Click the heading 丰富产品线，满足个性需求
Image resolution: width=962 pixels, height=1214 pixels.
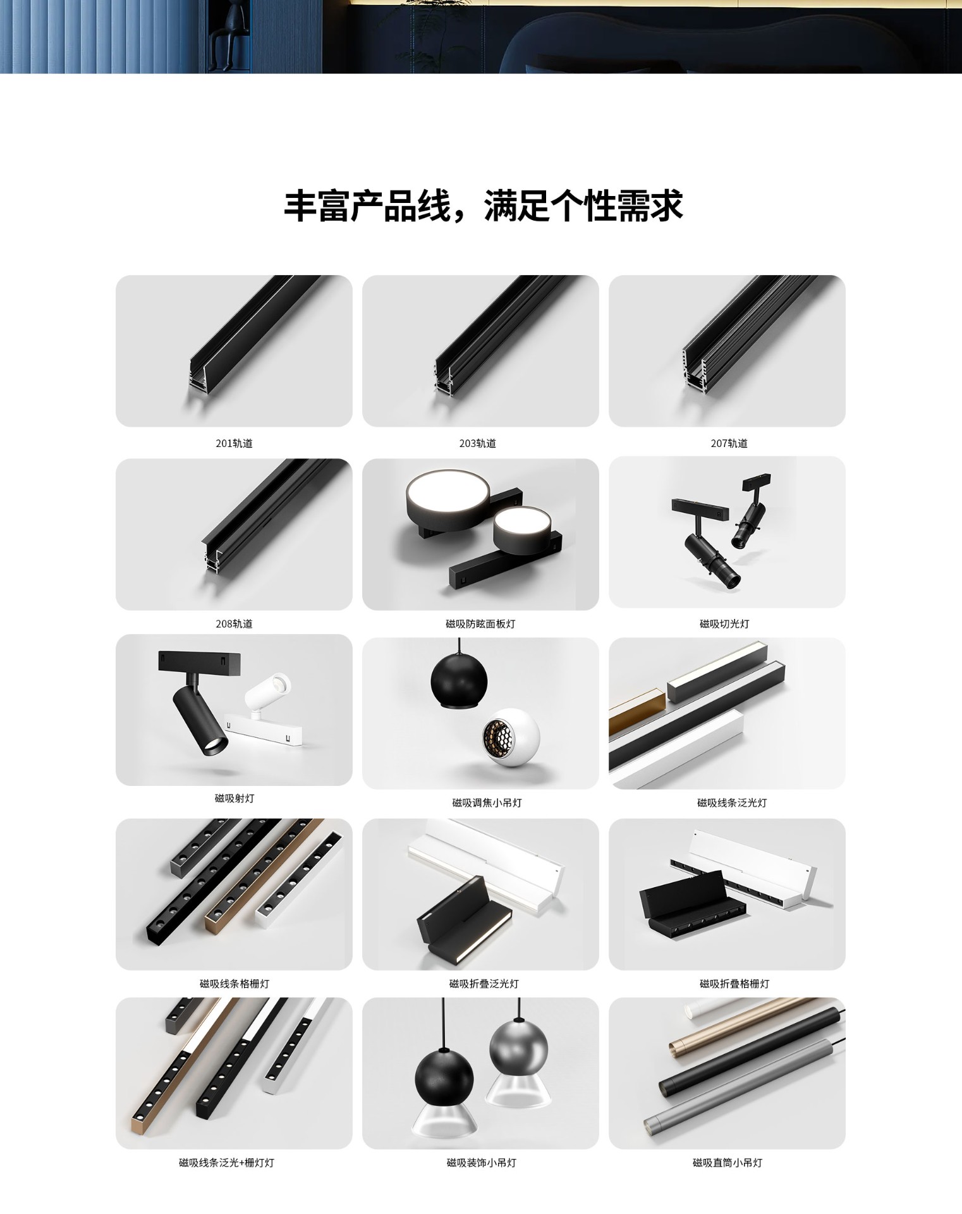484,205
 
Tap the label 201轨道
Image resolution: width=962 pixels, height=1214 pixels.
234,443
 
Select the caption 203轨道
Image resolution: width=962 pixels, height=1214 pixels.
477,443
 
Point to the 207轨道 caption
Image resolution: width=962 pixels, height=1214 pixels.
729,443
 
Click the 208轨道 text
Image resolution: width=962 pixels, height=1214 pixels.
234,623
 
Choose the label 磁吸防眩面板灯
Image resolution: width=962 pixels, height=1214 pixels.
480,623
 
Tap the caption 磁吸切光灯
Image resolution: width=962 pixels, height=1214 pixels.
724,623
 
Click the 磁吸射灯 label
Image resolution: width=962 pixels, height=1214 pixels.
234,798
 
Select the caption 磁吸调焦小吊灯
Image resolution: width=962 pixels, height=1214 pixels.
487,802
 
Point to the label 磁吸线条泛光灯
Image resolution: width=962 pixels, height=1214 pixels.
732,802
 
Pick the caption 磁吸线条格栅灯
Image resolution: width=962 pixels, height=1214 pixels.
234,983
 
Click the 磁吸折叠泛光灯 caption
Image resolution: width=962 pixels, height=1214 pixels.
484,983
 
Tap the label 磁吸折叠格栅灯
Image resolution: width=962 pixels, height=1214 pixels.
734,983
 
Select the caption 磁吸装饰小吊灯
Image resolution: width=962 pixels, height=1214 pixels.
481,1162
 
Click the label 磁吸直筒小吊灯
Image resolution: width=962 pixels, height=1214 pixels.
728,1162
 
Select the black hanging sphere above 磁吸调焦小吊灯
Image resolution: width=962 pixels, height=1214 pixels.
459,680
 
